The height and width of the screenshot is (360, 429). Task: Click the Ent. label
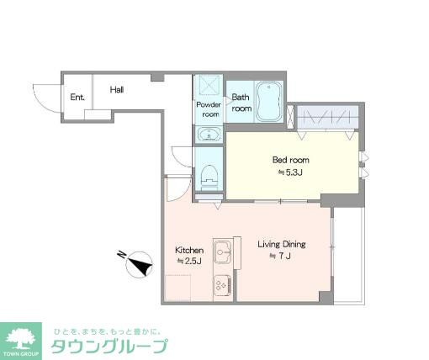point(77,97)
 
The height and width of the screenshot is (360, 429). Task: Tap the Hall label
point(117,88)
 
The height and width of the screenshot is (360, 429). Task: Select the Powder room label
point(208,109)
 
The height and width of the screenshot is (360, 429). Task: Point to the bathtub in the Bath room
point(269,101)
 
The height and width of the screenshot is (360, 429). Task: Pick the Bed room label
point(289,160)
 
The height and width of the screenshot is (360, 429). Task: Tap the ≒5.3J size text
point(289,173)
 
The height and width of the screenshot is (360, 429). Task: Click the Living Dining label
point(281,245)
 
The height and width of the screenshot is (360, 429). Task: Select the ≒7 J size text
point(280,256)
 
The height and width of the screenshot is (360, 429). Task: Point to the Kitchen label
point(188,250)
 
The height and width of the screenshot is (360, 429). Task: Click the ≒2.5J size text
point(188,262)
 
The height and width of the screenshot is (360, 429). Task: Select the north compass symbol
point(136,265)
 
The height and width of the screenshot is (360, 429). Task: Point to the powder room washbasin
point(208,134)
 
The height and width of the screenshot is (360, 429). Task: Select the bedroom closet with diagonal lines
point(327,115)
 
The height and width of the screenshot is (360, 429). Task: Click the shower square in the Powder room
point(207,87)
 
